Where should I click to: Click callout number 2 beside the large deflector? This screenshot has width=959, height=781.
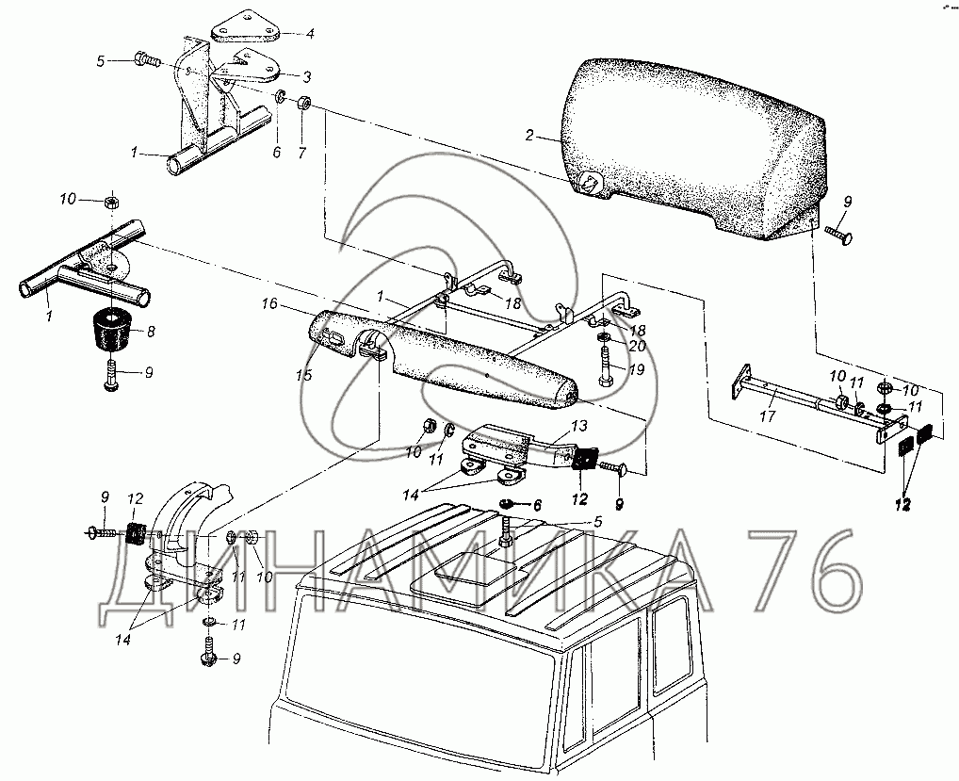click(x=529, y=135)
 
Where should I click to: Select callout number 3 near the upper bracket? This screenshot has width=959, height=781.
click(x=306, y=76)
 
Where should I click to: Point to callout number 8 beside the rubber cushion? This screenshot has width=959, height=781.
click(x=151, y=332)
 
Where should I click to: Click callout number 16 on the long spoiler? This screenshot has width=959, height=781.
click(x=269, y=304)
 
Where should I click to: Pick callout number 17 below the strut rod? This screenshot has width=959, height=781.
click(x=768, y=415)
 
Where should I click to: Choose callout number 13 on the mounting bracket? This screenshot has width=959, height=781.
click(x=579, y=425)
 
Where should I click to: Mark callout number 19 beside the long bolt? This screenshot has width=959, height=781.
click(x=637, y=370)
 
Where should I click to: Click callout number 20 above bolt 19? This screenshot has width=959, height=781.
click(x=638, y=346)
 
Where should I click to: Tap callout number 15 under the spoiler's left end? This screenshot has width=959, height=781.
click(x=304, y=374)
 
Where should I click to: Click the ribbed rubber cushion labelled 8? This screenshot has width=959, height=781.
click(x=112, y=331)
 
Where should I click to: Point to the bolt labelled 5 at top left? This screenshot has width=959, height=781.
click(x=146, y=60)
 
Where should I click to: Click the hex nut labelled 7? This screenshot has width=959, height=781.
click(x=304, y=102)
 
